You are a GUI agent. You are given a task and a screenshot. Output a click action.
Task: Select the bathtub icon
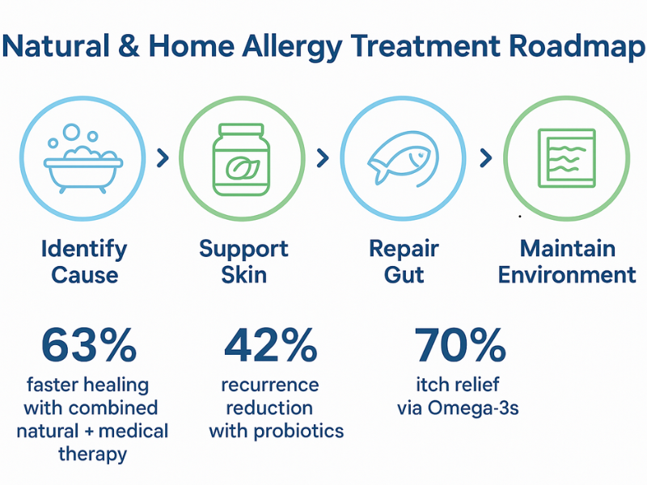pos(84,158)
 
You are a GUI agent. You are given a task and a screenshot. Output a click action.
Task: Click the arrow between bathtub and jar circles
pos(163,158)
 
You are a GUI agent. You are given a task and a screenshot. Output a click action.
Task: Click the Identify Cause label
pos(84,261)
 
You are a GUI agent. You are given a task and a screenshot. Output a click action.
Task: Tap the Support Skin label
pos(244,261)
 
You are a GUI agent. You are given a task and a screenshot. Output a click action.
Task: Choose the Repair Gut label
pos(404,261)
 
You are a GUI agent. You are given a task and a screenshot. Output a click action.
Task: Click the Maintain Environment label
pos(567,261)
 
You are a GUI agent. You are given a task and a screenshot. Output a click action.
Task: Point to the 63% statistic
pos(89,346)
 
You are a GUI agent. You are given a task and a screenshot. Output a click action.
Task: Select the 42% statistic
pos(271,346)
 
